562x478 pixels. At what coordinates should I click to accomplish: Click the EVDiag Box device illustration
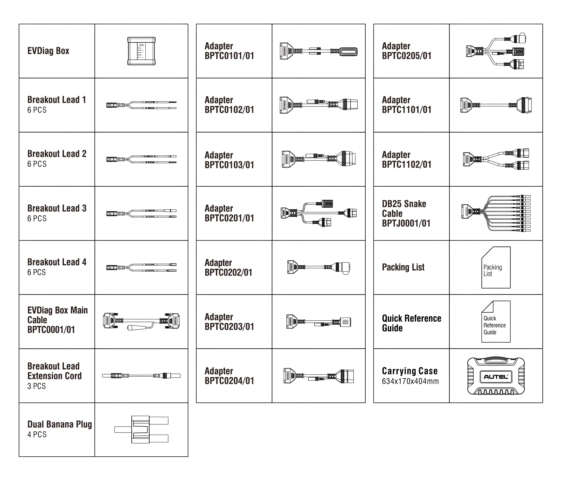coord(141,51)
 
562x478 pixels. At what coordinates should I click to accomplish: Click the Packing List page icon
coord(496,267)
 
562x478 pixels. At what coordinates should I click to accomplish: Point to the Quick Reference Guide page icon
coord(496,322)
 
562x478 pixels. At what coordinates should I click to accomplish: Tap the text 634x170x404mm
coord(410,381)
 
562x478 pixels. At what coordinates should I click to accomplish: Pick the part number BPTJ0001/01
coord(406,223)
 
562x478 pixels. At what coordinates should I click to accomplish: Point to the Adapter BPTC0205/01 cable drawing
coord(496,51)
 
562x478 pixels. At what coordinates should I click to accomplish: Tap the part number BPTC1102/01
coord(407,164)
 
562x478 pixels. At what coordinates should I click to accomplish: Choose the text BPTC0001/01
coord(51,330)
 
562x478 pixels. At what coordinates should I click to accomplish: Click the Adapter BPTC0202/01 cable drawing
coord(318,267)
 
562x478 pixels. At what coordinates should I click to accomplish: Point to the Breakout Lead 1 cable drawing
coord(141,105)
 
